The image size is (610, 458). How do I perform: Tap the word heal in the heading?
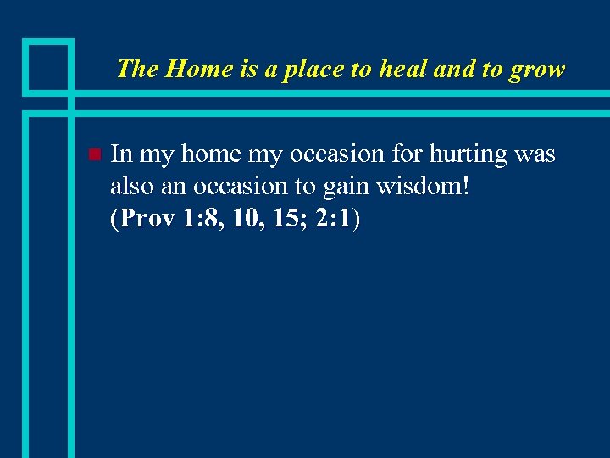click(403, 69)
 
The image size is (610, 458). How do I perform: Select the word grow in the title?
click(536, 69)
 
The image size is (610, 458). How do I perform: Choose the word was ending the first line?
click(537, 155)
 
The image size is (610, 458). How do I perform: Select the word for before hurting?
click(408, 154)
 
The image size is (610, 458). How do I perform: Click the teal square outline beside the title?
click(47, 65)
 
